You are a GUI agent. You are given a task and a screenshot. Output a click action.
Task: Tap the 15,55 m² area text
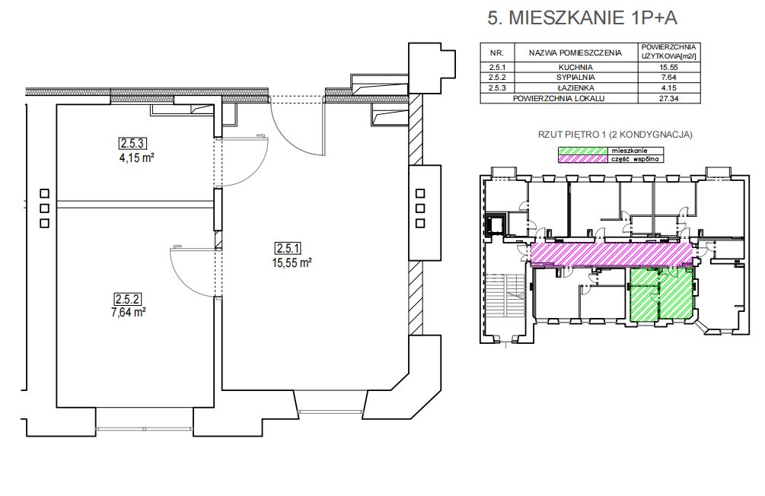point(292,263)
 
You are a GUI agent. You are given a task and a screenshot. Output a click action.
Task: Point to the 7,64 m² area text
point(129,312)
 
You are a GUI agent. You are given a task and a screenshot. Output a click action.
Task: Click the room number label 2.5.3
point(132,143)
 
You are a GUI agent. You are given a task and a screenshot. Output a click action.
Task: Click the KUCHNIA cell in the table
point(575,67)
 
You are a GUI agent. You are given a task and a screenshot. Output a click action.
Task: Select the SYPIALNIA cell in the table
point(575,77)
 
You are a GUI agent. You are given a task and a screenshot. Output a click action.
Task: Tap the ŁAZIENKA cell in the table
point(575,87)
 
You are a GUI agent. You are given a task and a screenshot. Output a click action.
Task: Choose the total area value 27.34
point(669,98)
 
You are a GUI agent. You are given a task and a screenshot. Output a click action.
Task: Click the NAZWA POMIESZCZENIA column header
point(575,52)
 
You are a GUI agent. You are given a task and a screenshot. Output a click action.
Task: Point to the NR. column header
point(496,52)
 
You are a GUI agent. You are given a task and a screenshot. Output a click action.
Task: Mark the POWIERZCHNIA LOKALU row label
point(559,98)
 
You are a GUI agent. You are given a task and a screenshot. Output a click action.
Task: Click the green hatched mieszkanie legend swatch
point(582,151)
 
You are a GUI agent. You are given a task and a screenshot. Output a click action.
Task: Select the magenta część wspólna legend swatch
point(582,158)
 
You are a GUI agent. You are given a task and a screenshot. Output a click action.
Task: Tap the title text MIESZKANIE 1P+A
point(593,18)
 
